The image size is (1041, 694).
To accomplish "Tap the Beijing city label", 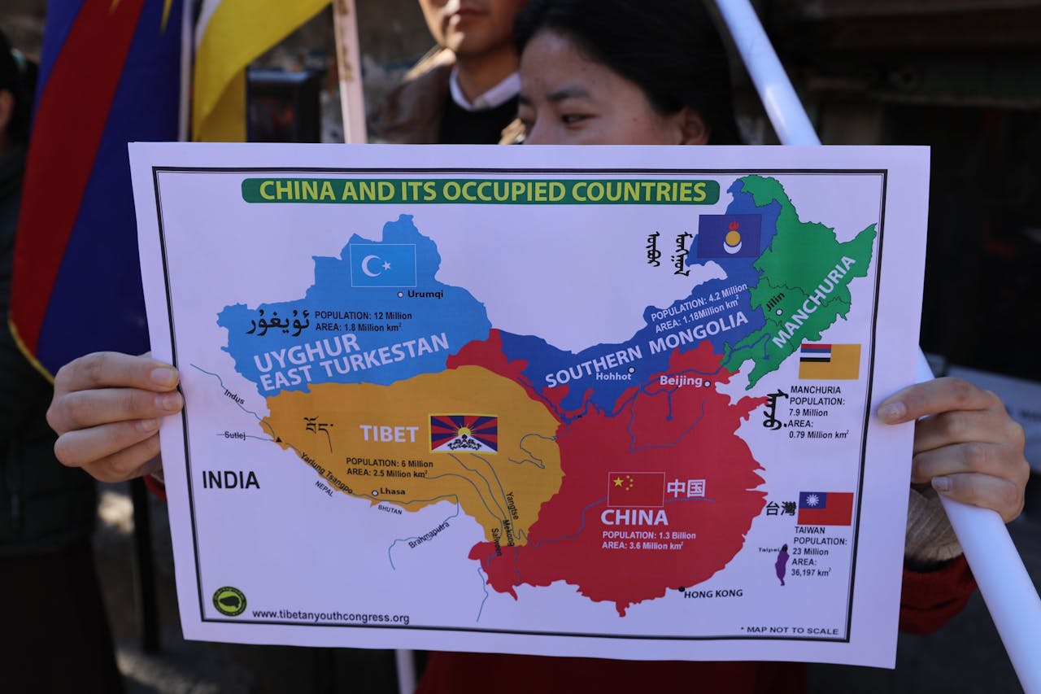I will [681, 381].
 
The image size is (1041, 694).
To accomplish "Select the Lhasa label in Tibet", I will [392, 491].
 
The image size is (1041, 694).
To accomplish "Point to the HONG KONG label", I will [712, 593].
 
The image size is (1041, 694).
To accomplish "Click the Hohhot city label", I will [613, 376].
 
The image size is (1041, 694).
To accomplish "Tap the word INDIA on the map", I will [231, 480].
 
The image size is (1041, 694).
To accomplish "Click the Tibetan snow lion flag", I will [464, 433].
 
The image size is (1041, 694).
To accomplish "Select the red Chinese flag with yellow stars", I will [635, 489].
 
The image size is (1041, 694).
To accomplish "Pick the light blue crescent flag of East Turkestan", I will [383, 265].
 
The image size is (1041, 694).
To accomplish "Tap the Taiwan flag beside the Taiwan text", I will [825, 508].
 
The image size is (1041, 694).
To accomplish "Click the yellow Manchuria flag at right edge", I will [829, 361].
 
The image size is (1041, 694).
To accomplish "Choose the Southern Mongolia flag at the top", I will [729, 236].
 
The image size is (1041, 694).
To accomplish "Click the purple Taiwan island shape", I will [782, 564].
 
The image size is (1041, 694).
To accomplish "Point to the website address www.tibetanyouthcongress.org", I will [330, 617].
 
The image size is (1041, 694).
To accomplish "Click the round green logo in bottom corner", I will [229, 601].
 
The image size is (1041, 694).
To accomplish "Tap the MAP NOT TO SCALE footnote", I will [789, 630].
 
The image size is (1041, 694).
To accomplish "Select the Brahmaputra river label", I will [429, 535].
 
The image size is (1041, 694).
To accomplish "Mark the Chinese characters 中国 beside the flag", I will [686, 488].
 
